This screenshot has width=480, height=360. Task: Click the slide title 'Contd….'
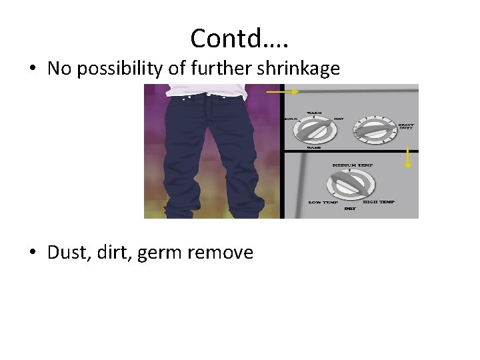pyautogui.click(x=239, y=39)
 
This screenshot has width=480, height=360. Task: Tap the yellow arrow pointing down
pyautogui.click(x=409, y=158)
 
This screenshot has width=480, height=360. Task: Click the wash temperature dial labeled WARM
pyautogui.click(x=313, y=129)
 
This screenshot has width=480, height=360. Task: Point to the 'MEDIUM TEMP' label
pyautogui.click(x=353, y=164)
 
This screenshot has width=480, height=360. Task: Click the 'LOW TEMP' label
pyautogui.click(x=323, y=202)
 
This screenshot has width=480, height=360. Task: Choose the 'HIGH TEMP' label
pyautogui.click(x=379, y=202)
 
